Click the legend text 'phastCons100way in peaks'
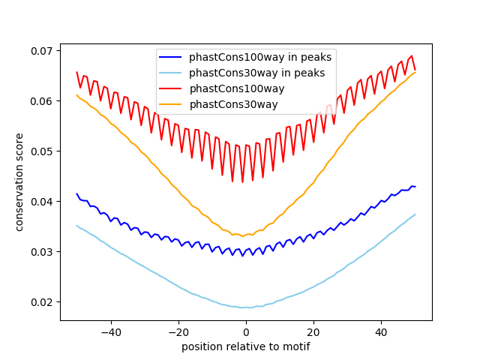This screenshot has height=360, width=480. pyautogui.click(x=259, y=56)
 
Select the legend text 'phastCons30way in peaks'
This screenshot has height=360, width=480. pyautogui.click(x=256, y=72)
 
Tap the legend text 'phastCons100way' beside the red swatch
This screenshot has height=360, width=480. pyautogui.click(x=232, y=88)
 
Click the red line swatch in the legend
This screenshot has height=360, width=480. pyautogui.click(x=173, y=88)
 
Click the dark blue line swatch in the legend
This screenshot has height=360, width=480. pyautogui.click(x=173, y=56)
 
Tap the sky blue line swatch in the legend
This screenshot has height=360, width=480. pyautogui.click(x=173, y=72)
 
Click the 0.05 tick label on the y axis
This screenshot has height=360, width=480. pyautogui.click(x=43, y=151)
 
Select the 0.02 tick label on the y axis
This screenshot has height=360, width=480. pyautogui.click(x=43, y=302)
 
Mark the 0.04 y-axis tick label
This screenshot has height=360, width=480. pyautogui.click(x=43, y=202)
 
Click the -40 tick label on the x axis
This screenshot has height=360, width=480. pyautogui.click(x=110, y=332)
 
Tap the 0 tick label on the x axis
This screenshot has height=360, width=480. pyautogui.click(x=246, y=332)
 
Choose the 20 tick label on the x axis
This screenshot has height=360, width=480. pyautogui.click(x=313, y=332)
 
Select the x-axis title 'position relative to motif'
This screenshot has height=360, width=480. pyautogui.click(x=245, y=346)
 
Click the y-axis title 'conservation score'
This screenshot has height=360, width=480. pyautogui.click(x=20, y=183)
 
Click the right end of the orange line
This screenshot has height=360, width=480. pyautogui.click(x=415, y=71)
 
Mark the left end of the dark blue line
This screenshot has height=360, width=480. pyautogui.click(x=76, y=193)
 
